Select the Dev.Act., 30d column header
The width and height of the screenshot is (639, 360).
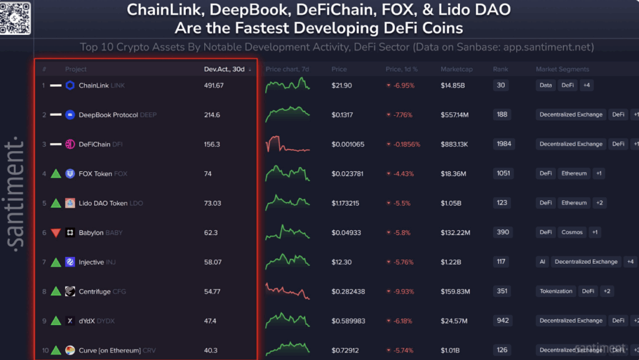click(x=224, y=69)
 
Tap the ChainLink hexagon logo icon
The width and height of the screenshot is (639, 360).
click(x=70, y=85)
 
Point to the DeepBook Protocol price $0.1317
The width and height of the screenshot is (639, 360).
click(x=343, y=115)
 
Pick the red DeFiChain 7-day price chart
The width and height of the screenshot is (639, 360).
click(x=288, y=145)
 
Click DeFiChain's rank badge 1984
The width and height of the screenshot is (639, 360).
click(x=504, y=144)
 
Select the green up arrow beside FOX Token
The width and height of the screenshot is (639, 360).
click(x=56, y=173)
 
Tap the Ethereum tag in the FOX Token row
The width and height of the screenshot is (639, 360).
click(x=573, y=173)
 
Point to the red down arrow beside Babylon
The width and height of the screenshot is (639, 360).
click(x=56, y=233)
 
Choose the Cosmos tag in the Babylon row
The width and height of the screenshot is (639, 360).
click(x=572, y=232)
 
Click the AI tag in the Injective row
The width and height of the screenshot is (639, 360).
click(x=542, y=262)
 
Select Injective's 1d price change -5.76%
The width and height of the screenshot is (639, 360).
click(x=399, y=262)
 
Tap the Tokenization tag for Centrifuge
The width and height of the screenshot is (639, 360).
click(x=555, y=291)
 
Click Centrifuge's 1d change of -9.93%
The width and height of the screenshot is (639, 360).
click(x=399, y=291)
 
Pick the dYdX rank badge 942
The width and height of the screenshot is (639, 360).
click(x=501, y=321)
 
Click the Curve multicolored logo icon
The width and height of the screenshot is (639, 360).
click(x=70, y=351)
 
